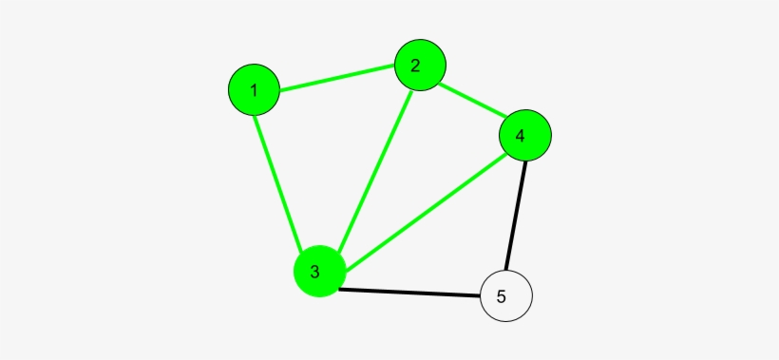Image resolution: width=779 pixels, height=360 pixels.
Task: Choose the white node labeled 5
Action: point(506,295)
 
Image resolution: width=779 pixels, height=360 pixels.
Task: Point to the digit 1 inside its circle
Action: point(254,91)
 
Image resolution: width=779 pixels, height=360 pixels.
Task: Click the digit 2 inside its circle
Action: point(415,66)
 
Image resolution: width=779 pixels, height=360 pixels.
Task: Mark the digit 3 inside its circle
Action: point(314,272)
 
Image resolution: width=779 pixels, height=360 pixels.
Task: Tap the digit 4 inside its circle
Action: point(520,136)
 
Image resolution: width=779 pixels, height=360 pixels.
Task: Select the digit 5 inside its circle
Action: point(502,295)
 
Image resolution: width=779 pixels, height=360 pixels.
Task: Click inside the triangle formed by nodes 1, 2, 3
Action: point(328,142)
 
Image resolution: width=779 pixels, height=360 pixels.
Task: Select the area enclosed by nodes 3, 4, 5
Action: point(456,247)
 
